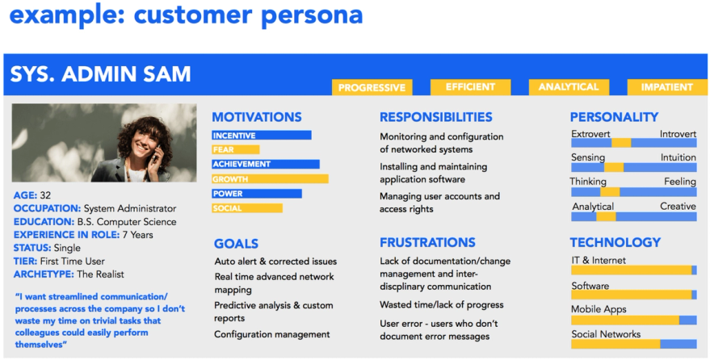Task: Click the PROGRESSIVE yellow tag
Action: tap(372, 87)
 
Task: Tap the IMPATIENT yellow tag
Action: tap(666, 87)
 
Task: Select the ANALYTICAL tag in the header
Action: tap(569, 87)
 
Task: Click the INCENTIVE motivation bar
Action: tap(261, 136)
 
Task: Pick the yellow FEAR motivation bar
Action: tap(235, 149)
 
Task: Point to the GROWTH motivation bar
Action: tap(270, 179)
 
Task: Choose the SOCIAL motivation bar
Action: tap(247, 208)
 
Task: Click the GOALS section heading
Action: tap(236, 244)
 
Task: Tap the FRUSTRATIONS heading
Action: tap(427, 242)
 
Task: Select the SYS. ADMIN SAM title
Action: tap(100, 75)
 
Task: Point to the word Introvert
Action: tap(677, 134)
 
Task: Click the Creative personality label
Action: tap(678, 207)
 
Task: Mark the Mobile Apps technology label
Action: tap(599, 309)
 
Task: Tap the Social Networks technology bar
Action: tap(633, 344)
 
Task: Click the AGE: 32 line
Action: tap(32, 195)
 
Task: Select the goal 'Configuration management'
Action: tap(271, 334)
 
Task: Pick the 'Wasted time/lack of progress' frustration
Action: tap(441, 305)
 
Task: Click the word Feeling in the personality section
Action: tap(679, 182)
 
